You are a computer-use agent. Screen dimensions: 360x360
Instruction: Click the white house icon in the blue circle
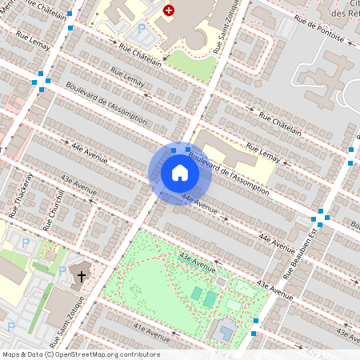point(179,173)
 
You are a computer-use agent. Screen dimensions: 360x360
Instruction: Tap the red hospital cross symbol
point(169,10)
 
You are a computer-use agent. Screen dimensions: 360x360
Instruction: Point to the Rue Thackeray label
point(20,195)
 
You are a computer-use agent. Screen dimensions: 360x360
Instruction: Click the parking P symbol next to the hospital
point(142,29)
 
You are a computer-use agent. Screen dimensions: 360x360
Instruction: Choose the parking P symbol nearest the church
point(62,271)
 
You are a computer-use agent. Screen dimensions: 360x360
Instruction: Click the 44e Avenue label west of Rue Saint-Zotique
point(88,154)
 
